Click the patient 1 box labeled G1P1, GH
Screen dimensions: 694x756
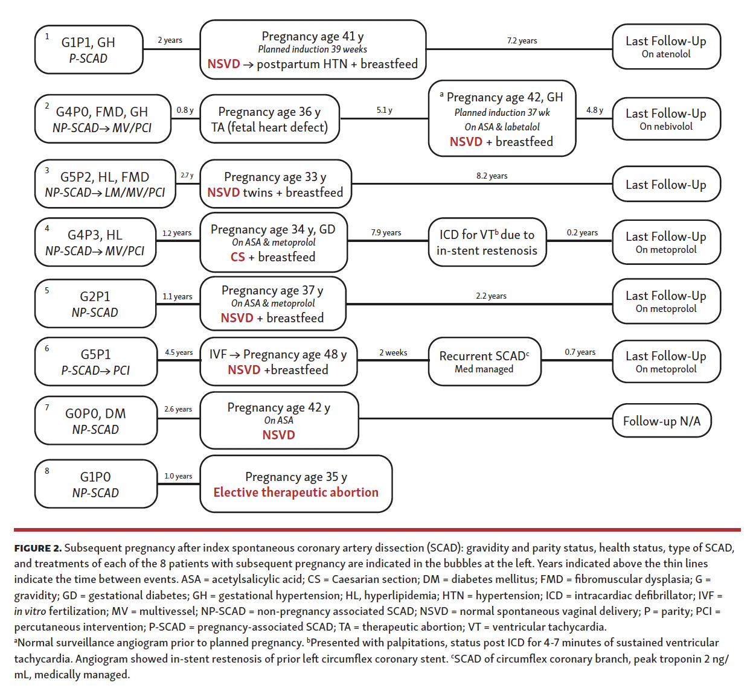click(x=89, y=49)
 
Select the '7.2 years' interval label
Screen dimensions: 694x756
click(x=522, y=40)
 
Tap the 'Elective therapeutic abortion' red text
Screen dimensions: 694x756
click(x=296, y=492)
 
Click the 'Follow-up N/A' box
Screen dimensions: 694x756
click(x=662, y=421)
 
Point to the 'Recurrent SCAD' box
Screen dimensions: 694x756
click(x=484, y=361)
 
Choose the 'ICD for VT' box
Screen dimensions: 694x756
click(x=487, y=242)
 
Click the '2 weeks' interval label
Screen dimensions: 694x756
click(x=393, y=352)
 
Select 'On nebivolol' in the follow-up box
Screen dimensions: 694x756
click(x=666, y=127)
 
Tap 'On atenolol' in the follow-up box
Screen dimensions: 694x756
click(x=666, y=54)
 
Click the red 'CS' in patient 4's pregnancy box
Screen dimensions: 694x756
click(x=237, y=257)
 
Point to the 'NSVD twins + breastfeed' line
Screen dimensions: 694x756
click(x=275, y=193)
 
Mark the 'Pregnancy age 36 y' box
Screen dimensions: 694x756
click(x=269, y=119)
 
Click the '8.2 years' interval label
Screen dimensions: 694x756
click(x=492, y=176)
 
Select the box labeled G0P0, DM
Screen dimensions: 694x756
click(x=95, y=421)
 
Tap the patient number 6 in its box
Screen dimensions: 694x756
click(x=47, y=348)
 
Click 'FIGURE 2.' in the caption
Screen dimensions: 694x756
click(x=37, y=548)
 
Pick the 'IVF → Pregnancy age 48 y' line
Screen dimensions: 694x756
click(x=278, y=354)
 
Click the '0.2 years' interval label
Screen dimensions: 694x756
click(x=582, y=232)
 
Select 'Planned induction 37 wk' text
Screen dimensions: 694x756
click(x=502, y=112)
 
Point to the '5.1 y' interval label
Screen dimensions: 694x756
click(x=384, y=110)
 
